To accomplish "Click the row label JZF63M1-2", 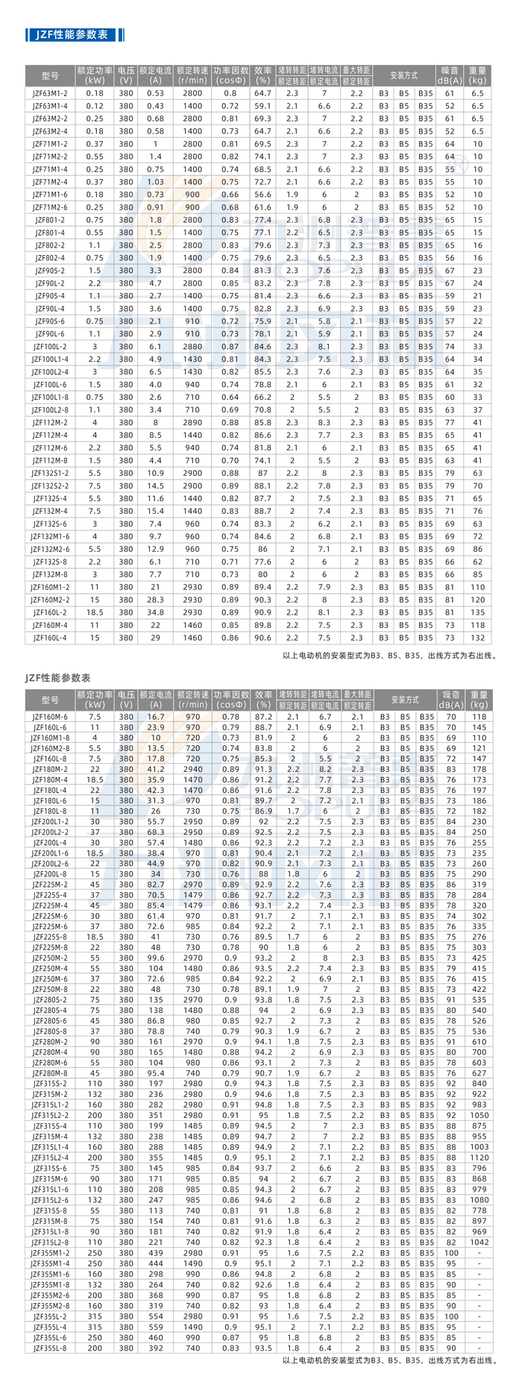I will point(50,93).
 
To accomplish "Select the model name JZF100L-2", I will point(50,347).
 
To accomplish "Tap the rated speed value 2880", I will point(192,347).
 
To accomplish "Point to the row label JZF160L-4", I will point(50,638).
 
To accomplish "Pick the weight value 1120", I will point(479,1158).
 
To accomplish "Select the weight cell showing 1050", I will point(479,1116).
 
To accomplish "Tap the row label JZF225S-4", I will point(50,895).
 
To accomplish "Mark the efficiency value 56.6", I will point(262,195).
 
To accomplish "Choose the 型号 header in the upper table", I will point(50,75).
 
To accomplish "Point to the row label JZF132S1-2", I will point(50,473).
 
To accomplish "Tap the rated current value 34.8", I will point(155,612).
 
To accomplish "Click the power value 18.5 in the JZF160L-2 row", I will point(95,612).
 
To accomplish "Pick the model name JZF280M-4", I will point(50,1052).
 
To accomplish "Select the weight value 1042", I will point(479,1243).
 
